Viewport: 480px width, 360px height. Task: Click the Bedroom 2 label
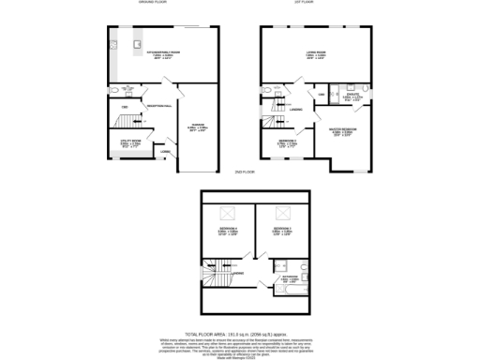click(288, 142)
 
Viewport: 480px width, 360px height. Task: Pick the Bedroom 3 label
click(286, 231)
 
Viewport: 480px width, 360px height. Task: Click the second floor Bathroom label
click(294, 280)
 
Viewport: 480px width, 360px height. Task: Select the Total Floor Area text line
click(240, 333)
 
